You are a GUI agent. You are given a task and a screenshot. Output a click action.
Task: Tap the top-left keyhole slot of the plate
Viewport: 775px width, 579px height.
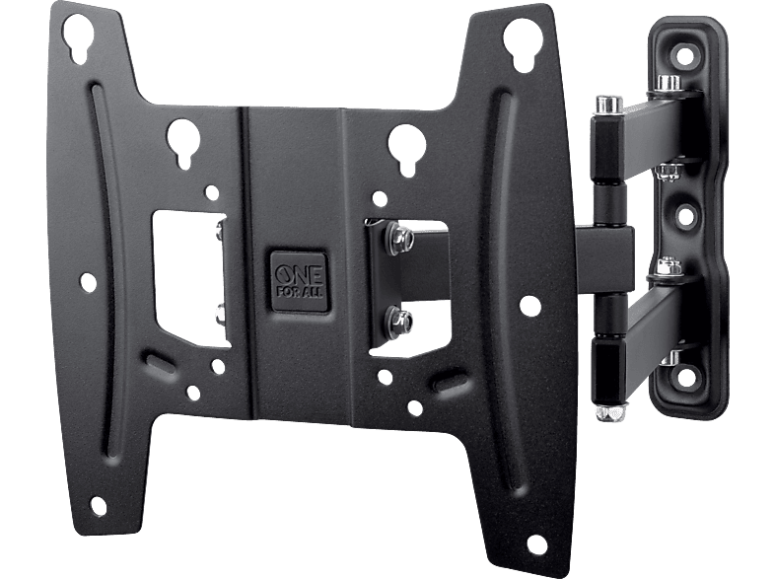(80, 38)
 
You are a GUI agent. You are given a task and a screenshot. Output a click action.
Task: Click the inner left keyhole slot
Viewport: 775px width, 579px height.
(183, 141)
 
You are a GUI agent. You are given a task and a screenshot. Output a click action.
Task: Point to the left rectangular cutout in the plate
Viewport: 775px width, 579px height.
(190, 277)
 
